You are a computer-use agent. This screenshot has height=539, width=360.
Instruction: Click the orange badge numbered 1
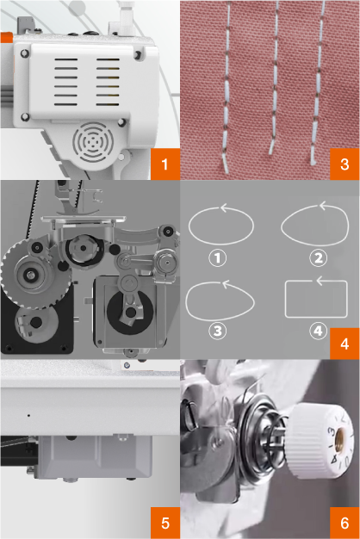pyautogui.click(x=165, y=164)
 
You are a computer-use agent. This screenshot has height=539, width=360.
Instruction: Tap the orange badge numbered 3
pyautogui.click(x=344, y=164)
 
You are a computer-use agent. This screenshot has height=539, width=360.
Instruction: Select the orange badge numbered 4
pyautogui.click(x=344, y=344)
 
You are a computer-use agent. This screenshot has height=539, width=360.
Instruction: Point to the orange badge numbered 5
pyautogui.click(x=165, y=523)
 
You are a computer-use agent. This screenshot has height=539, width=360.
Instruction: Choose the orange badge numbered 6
pyautogui.click(x=344, y=523)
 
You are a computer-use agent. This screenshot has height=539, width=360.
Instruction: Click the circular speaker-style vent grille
pyautogui.click(x=93, y=141)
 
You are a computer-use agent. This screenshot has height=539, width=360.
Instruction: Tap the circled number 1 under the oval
pyautogui.click(x=218, y=257)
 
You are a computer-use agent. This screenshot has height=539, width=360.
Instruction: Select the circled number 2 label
pyautogui.click(x=319, y=257)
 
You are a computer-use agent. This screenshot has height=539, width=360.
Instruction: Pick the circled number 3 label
pyautogui.click(x=218, y=331)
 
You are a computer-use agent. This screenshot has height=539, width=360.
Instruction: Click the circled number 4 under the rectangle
pyautogui.click(x=318, y=331)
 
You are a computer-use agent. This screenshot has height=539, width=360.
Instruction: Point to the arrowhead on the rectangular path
pyautogui.click(x=320, y=281)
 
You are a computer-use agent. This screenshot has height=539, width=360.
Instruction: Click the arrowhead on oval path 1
pyautogui.click(x=224, y=208)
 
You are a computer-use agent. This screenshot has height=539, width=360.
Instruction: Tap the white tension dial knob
pyautogui.click(x=320, y=442)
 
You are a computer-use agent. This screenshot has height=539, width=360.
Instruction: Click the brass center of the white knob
pyautogui.click(x=341, y=437)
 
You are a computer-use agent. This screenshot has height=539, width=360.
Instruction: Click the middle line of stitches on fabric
pyautogui.click(x=275, y=77)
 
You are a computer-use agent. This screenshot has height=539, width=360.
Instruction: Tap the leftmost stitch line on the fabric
pyautogui.click(x=226, y=86)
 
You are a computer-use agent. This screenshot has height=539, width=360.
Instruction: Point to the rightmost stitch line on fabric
pyautogui.click(x=318, y=83)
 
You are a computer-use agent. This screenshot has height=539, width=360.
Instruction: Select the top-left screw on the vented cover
pyautogui.click(x=25, y=53)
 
